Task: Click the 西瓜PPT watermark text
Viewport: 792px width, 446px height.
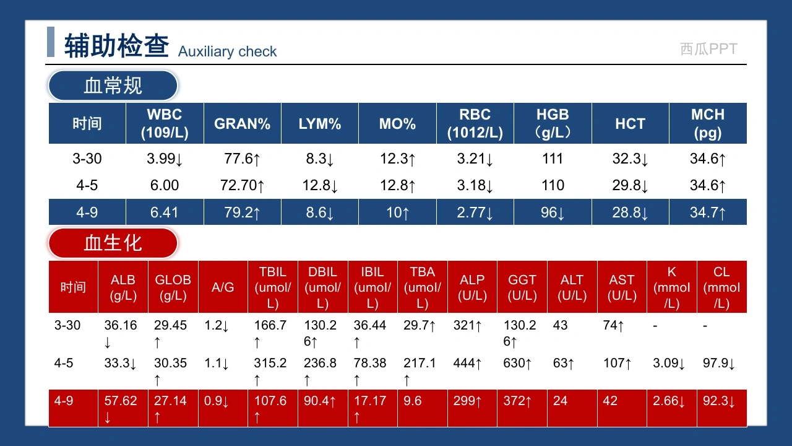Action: point(708,49)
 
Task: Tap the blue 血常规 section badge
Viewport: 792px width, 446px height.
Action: point(113,85)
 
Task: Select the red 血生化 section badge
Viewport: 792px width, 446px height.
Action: point(113,243)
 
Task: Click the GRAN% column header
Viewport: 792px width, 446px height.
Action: point(242,124)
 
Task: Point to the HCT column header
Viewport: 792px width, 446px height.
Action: point(630,124)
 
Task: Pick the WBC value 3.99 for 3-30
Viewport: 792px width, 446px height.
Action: point(165,159)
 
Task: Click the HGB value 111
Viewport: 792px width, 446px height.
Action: point(553,159)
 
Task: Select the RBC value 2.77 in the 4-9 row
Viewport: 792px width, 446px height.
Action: point(475,212)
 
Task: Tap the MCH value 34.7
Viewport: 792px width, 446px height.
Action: point(707,212)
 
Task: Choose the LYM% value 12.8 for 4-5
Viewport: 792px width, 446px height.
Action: point(320,185)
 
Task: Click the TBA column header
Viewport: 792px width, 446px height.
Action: point(422,287)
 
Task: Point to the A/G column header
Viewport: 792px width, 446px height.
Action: point(223,287)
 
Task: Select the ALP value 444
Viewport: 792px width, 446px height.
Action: point(467,363)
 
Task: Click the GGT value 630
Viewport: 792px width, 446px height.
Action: point(517,363)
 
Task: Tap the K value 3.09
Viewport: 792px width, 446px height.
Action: point(669,363)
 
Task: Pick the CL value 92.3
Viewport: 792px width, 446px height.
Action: point(718,401)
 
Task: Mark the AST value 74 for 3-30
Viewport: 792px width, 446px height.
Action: point(613,325)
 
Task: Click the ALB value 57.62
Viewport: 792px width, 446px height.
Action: point(120,409)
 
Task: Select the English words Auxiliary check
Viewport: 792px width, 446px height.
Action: point(227,51)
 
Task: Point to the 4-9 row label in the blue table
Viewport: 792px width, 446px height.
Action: point(87,212)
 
